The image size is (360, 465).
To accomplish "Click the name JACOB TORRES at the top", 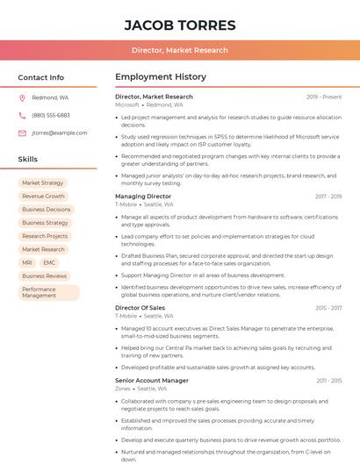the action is [180, 25].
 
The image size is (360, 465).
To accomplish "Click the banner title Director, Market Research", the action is [180, 50].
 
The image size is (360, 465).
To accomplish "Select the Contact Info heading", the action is [40, 77].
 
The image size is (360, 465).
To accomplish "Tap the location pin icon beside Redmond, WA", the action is [22, 97].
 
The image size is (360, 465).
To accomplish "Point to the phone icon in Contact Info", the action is [22, 115].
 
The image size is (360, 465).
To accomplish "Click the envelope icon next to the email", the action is [22, 132].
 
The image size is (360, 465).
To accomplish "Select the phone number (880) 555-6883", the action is [51, 115].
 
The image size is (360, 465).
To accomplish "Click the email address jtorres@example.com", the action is [59, 132].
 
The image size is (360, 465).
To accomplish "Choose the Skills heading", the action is [28, 160].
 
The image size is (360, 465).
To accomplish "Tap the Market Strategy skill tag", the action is [42, 183].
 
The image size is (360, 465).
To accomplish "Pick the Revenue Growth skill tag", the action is [43, 197].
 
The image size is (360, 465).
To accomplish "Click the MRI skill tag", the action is [27, 262].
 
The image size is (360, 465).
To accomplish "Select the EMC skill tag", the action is [49, 262].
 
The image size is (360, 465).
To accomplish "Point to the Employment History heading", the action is [161, 77].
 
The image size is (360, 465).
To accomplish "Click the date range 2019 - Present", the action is [324, 97].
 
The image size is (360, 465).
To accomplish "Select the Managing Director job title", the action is [143, 197].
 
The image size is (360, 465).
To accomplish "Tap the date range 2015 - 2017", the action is [328, 308].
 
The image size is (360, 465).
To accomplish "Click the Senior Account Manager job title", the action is [152, 381].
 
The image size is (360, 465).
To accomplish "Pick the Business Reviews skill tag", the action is [44, 275].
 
